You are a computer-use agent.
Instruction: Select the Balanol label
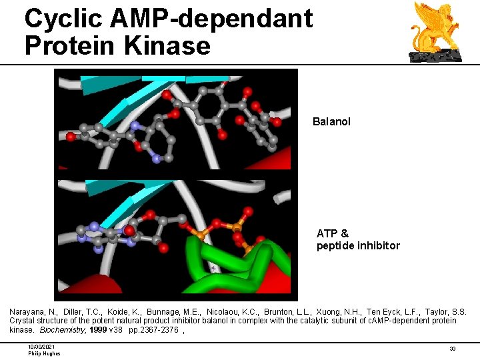click(x=331, y=122)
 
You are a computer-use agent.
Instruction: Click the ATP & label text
click(x=333, y=234)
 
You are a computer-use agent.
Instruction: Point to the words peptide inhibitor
click(x=358, y=246)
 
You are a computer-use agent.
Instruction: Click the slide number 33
click(x=452, y=349)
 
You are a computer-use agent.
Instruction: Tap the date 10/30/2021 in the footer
click(x=42, y=347)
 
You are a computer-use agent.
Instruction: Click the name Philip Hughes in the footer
click(x=44, y=353)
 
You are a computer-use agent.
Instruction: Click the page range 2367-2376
click(x=159, y=330)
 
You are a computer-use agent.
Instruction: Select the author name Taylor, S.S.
click(x=449, y=312)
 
